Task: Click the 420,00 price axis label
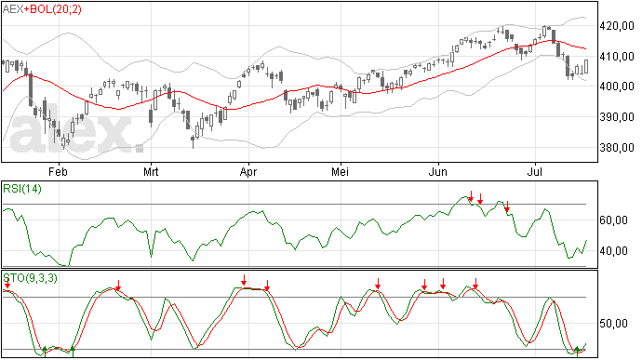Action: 617,26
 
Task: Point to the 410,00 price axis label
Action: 617,57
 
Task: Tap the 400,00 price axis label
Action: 617,87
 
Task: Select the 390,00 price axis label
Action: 617,117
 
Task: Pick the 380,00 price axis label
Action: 617,147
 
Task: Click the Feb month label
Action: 58,171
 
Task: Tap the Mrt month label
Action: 151,171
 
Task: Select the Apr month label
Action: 248,171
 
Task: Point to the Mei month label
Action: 341,171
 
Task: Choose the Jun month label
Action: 437,171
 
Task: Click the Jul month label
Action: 535,171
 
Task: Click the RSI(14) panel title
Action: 22,189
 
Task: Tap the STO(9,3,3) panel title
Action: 31,278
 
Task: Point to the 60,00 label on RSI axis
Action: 613,220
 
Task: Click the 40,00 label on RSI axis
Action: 613,250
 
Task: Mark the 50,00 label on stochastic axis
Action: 613,324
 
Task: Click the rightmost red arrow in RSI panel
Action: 507,207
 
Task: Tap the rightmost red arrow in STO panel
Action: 475,284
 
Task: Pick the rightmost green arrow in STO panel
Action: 577,351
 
